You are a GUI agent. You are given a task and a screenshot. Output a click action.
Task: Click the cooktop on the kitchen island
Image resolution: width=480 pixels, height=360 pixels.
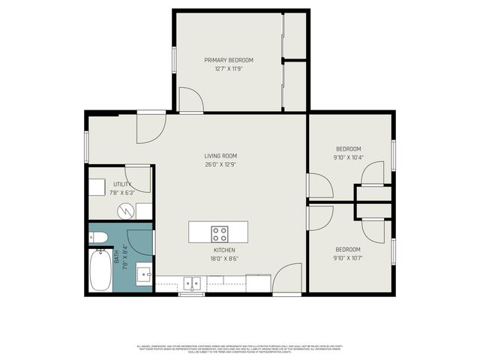(x=220, y=232)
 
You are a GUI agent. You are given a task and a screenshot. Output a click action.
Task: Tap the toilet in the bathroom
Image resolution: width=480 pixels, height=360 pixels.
(x=100, y=239)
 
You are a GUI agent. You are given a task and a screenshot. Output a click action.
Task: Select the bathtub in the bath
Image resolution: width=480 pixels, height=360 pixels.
(x=100, y=272)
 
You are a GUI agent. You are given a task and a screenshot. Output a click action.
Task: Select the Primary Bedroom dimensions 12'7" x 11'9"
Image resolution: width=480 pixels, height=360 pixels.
(x=229, y=68)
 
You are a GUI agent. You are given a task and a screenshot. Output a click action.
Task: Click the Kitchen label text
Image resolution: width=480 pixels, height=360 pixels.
(x=224, y=250)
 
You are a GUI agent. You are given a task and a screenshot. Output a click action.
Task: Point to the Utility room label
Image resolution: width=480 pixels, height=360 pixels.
(x=123, y=184)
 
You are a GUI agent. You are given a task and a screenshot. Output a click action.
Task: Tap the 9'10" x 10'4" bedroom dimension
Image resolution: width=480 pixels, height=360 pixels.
(x=348, y=157)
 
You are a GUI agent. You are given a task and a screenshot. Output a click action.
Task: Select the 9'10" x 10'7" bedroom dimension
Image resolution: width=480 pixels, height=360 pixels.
(x=348, y=259)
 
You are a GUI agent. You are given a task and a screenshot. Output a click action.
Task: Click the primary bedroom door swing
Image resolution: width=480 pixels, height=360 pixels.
(x=190, y=100)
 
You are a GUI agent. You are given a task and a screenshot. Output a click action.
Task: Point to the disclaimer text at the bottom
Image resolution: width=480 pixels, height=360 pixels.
(x=239, y=349)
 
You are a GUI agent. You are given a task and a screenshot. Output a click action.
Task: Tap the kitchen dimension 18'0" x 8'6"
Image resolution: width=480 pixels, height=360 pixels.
(x=224, y=259)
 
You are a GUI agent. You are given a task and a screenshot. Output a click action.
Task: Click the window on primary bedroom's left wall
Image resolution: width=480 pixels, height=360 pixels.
(x=175, y=60)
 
